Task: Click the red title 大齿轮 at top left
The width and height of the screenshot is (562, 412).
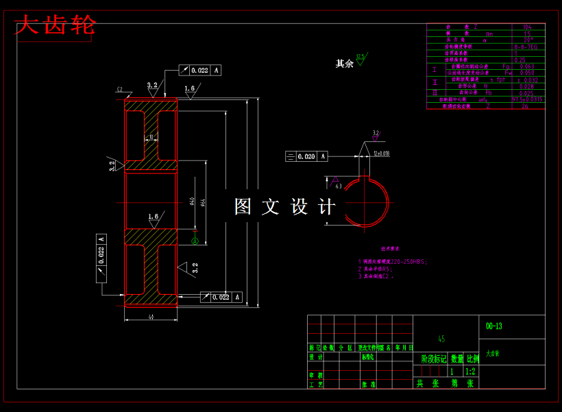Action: (54, 27)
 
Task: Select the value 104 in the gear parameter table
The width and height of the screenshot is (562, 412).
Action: (527, 27)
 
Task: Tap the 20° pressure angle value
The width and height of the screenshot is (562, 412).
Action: (527, 40)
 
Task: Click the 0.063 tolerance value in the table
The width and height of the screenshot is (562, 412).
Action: (527, 66)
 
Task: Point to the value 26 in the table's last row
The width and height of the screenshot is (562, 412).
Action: (526, 106)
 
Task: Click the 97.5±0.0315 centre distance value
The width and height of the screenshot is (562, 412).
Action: (528, 99)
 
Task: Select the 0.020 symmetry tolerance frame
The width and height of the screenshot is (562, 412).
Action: (306, 156)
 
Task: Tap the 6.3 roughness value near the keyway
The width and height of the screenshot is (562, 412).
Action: (339, 186)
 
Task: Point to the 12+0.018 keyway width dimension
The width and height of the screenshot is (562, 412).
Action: (382, 154)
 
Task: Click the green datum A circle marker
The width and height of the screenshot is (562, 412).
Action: (195, 241)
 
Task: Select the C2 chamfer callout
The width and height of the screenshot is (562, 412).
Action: (119, 90)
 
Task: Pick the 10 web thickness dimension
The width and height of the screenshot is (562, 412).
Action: (151, 137)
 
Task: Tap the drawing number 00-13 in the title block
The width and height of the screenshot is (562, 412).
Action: (493, 326)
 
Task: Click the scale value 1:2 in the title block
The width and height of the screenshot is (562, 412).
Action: (471, 371)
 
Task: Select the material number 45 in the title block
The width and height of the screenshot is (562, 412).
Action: (441, 339)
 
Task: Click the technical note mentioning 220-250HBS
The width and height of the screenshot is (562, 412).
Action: (392, 261)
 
